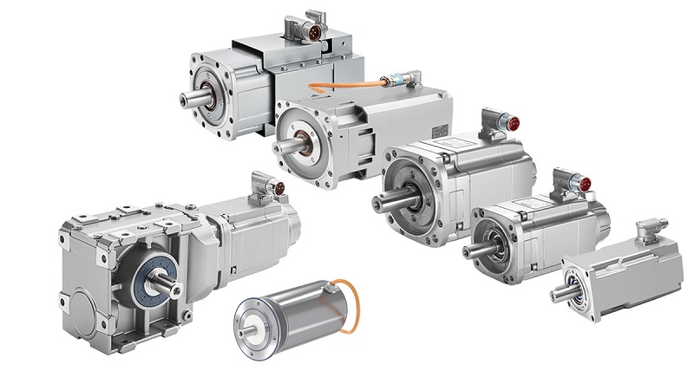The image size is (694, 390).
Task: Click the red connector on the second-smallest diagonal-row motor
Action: point(583,184)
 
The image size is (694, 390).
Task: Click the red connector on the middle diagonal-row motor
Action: point(511,124)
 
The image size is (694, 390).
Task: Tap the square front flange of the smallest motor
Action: point(578,285)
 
